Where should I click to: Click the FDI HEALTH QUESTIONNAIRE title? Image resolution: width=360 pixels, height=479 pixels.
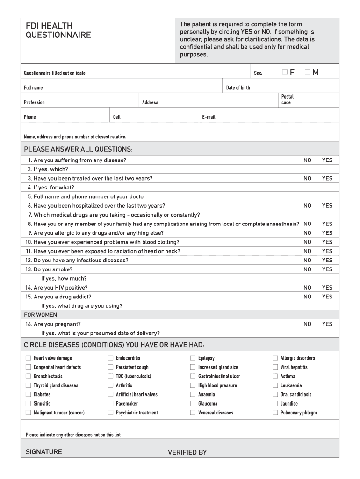58,30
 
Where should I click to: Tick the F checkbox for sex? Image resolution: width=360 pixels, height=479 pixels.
285,72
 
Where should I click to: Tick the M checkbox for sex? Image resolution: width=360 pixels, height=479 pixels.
307,72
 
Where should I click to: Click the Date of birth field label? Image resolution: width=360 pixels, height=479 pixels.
238,87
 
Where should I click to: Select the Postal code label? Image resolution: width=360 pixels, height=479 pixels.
287,100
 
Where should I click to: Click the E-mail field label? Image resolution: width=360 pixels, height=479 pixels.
209,117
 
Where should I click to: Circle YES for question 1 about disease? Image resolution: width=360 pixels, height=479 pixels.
327,160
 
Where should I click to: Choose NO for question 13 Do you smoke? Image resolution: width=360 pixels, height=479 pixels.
307,269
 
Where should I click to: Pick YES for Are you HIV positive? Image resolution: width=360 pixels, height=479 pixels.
327,288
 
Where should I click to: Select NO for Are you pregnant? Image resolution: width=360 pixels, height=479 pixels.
307,324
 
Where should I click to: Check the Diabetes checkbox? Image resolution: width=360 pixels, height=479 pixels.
29,394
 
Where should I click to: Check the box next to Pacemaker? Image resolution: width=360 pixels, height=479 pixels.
111,404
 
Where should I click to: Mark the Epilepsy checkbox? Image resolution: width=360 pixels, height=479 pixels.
193,358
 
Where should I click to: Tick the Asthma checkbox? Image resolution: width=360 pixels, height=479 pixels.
275,377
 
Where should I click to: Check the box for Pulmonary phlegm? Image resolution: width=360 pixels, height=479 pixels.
275,413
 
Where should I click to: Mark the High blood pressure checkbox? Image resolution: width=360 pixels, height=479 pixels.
193,385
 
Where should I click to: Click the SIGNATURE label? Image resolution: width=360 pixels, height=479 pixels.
44,452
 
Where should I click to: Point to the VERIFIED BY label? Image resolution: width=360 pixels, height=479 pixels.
187,452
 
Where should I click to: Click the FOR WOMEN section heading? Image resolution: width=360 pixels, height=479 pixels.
40,315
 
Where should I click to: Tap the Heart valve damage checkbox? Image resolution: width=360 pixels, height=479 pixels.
29,358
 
